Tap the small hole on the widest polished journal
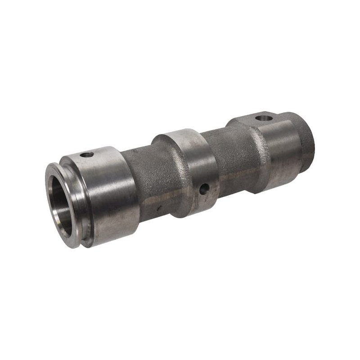[87, 155]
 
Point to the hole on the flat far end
[264, 118]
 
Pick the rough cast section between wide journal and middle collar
[148, 175]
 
